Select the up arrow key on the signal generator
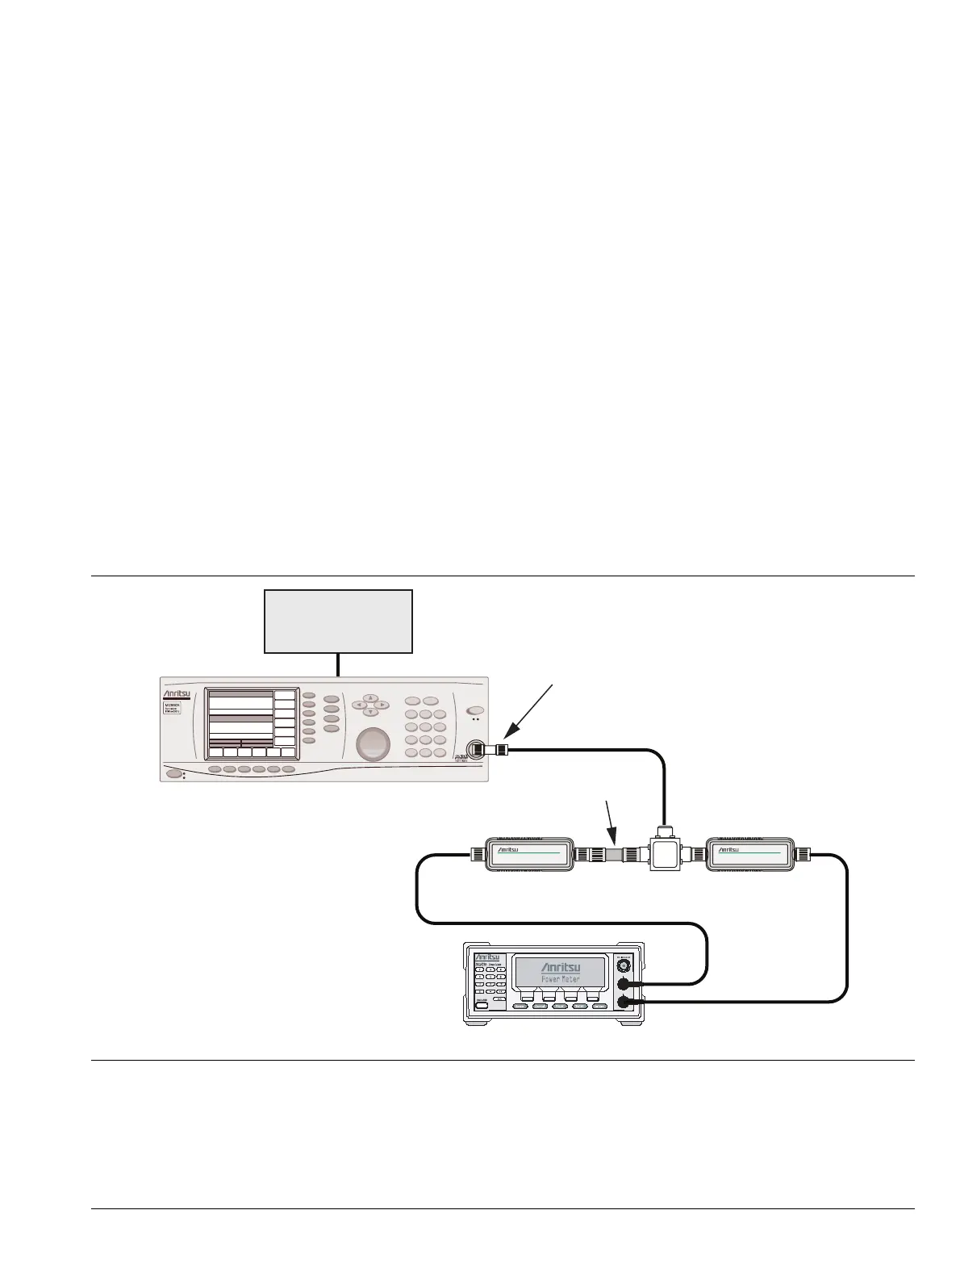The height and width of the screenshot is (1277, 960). (370, 697)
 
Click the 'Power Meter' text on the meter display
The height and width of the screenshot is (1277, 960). (560, 979)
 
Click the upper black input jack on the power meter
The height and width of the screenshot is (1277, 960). (623, 984)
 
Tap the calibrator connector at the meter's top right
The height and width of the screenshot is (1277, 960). (623, 965)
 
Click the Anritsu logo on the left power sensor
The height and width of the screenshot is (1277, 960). (507, 850)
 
